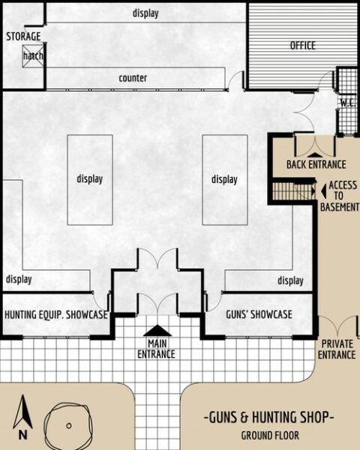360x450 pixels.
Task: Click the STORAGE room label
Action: [x=23, y=36]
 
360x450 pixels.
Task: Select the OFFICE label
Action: [x=303, y=45]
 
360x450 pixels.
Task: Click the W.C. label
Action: [x=346, y=103]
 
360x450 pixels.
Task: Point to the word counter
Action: [x=133, y=78]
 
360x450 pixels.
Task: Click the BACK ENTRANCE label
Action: [x=316, y=165]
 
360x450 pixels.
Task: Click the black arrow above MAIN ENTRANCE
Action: [x=157, y=330]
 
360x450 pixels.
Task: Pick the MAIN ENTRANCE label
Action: [x=157, y=349]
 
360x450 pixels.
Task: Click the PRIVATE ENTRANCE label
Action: [x=337, y=349]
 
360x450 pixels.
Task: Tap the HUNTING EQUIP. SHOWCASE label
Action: [x=56, y=315]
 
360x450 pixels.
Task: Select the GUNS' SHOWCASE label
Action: [x=259, y=315]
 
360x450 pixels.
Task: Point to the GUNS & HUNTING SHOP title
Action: [x=269, y=418]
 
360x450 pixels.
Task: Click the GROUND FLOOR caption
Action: [x=270, y=435]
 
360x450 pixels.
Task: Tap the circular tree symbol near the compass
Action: [x=68, y=424]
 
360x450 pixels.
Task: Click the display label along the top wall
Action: [x=145, y=13]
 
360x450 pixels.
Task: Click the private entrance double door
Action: [x=337, y=327]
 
